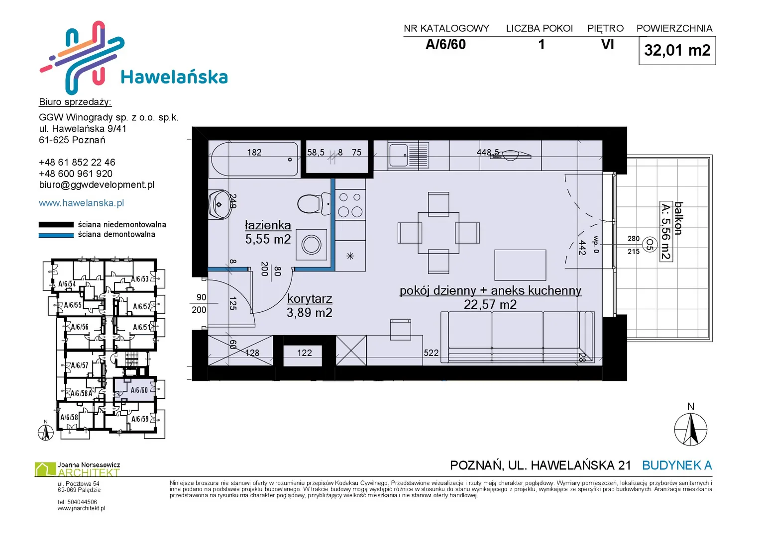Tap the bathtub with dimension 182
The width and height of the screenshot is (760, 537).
254,159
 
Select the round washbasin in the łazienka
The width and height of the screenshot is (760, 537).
219,204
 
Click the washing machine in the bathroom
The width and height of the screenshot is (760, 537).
311,245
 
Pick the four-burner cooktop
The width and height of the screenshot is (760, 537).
350,205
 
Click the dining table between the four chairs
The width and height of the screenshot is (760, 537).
438,233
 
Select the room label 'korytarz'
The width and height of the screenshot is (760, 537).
310,299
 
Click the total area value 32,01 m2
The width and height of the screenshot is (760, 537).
677,50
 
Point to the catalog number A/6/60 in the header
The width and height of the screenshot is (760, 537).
445,44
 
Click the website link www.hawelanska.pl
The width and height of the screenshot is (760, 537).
82,203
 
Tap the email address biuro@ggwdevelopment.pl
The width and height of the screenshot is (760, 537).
97,185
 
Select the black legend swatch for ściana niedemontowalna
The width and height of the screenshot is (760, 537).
56,224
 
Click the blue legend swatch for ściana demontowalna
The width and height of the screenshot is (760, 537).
56,235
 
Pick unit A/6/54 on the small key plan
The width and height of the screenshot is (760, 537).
67,284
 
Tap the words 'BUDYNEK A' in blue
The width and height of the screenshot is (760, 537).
677,465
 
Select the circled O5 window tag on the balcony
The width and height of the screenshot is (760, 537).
650,245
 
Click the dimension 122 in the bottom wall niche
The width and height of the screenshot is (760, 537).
304,353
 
